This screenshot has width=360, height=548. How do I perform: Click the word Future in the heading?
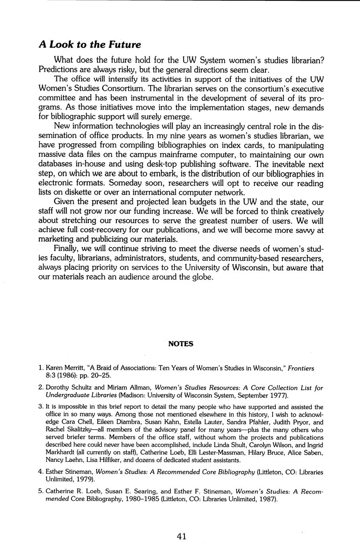coord(125,44)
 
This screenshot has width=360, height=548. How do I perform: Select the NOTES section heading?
coord(181,344)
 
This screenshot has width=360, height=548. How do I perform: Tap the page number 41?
coord(182,536)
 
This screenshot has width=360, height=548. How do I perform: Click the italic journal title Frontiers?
coord(301,368)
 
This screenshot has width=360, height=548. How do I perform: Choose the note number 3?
coord(41,407)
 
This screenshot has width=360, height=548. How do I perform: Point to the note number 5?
coord(41,492)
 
